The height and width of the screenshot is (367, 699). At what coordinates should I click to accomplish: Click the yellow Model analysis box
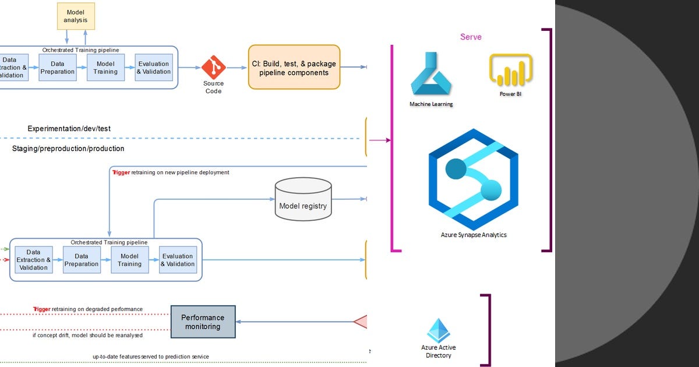tap(76, 16)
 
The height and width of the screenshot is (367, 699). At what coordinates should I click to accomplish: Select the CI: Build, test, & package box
tap(294, 68)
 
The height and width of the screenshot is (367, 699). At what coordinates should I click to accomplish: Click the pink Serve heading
tap(471, 37)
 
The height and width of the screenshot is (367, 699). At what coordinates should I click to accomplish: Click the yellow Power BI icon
tap(511, 70)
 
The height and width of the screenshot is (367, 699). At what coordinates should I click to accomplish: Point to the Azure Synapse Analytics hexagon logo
tap(473, 179)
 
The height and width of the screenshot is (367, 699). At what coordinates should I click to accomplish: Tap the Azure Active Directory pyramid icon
tap(439, 330)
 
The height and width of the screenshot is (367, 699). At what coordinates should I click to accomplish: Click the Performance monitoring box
tap(203, 322)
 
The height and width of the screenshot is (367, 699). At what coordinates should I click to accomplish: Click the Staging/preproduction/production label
tap(68, 149)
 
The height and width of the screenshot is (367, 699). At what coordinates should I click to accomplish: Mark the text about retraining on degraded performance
tap(88, 309)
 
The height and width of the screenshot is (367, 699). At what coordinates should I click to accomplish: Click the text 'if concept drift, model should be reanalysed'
tap(88, 335)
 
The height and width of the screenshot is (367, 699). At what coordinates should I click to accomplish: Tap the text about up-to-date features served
tap(150, 357)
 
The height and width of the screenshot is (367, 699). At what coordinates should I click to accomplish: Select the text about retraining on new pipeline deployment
tap(171, 172)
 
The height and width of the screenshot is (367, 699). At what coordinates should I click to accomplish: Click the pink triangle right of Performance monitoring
tap(361, 322)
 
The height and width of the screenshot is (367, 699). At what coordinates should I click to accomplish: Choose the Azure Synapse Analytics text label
tap(474, 235)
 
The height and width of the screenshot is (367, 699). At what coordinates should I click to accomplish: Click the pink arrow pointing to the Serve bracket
tap(380, 140)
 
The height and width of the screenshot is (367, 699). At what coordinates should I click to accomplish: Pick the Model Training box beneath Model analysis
tap(106, 68)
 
